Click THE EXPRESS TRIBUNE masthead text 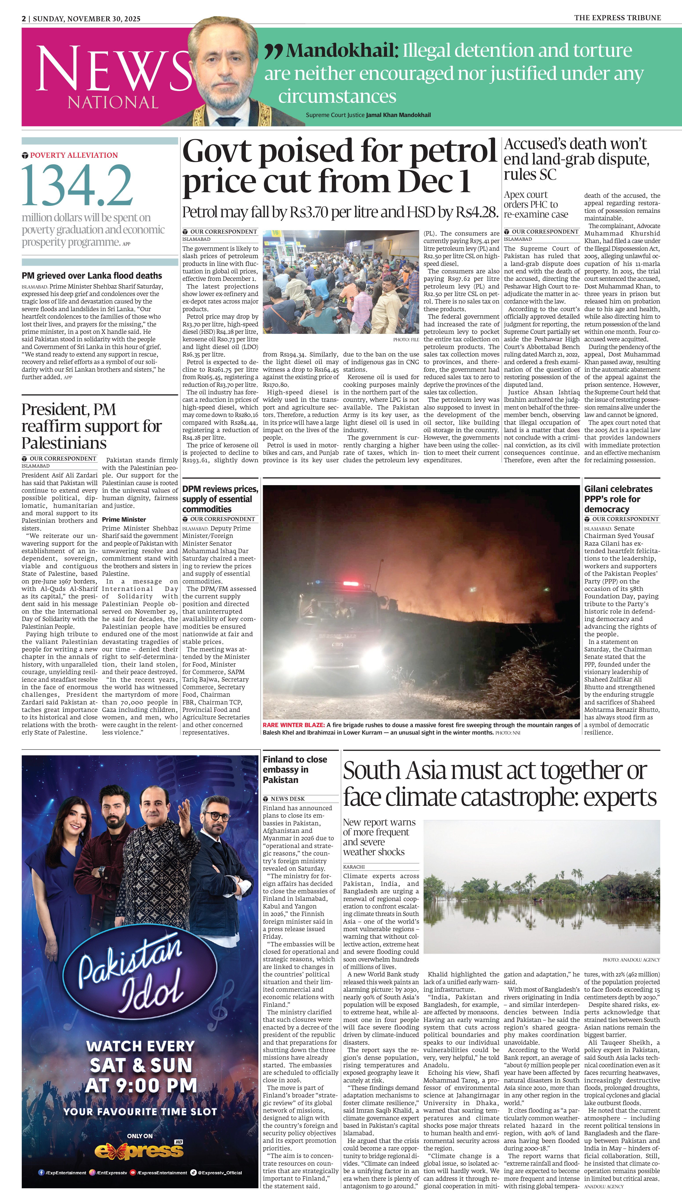click(617, 18)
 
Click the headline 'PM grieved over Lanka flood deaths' click(92, 276)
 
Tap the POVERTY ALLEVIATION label click(73, 155)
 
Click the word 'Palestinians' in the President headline click(64, 443)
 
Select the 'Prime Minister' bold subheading click(124, 519)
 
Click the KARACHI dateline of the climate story click(354, 867)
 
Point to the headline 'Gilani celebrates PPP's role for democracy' click(618, 499)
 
